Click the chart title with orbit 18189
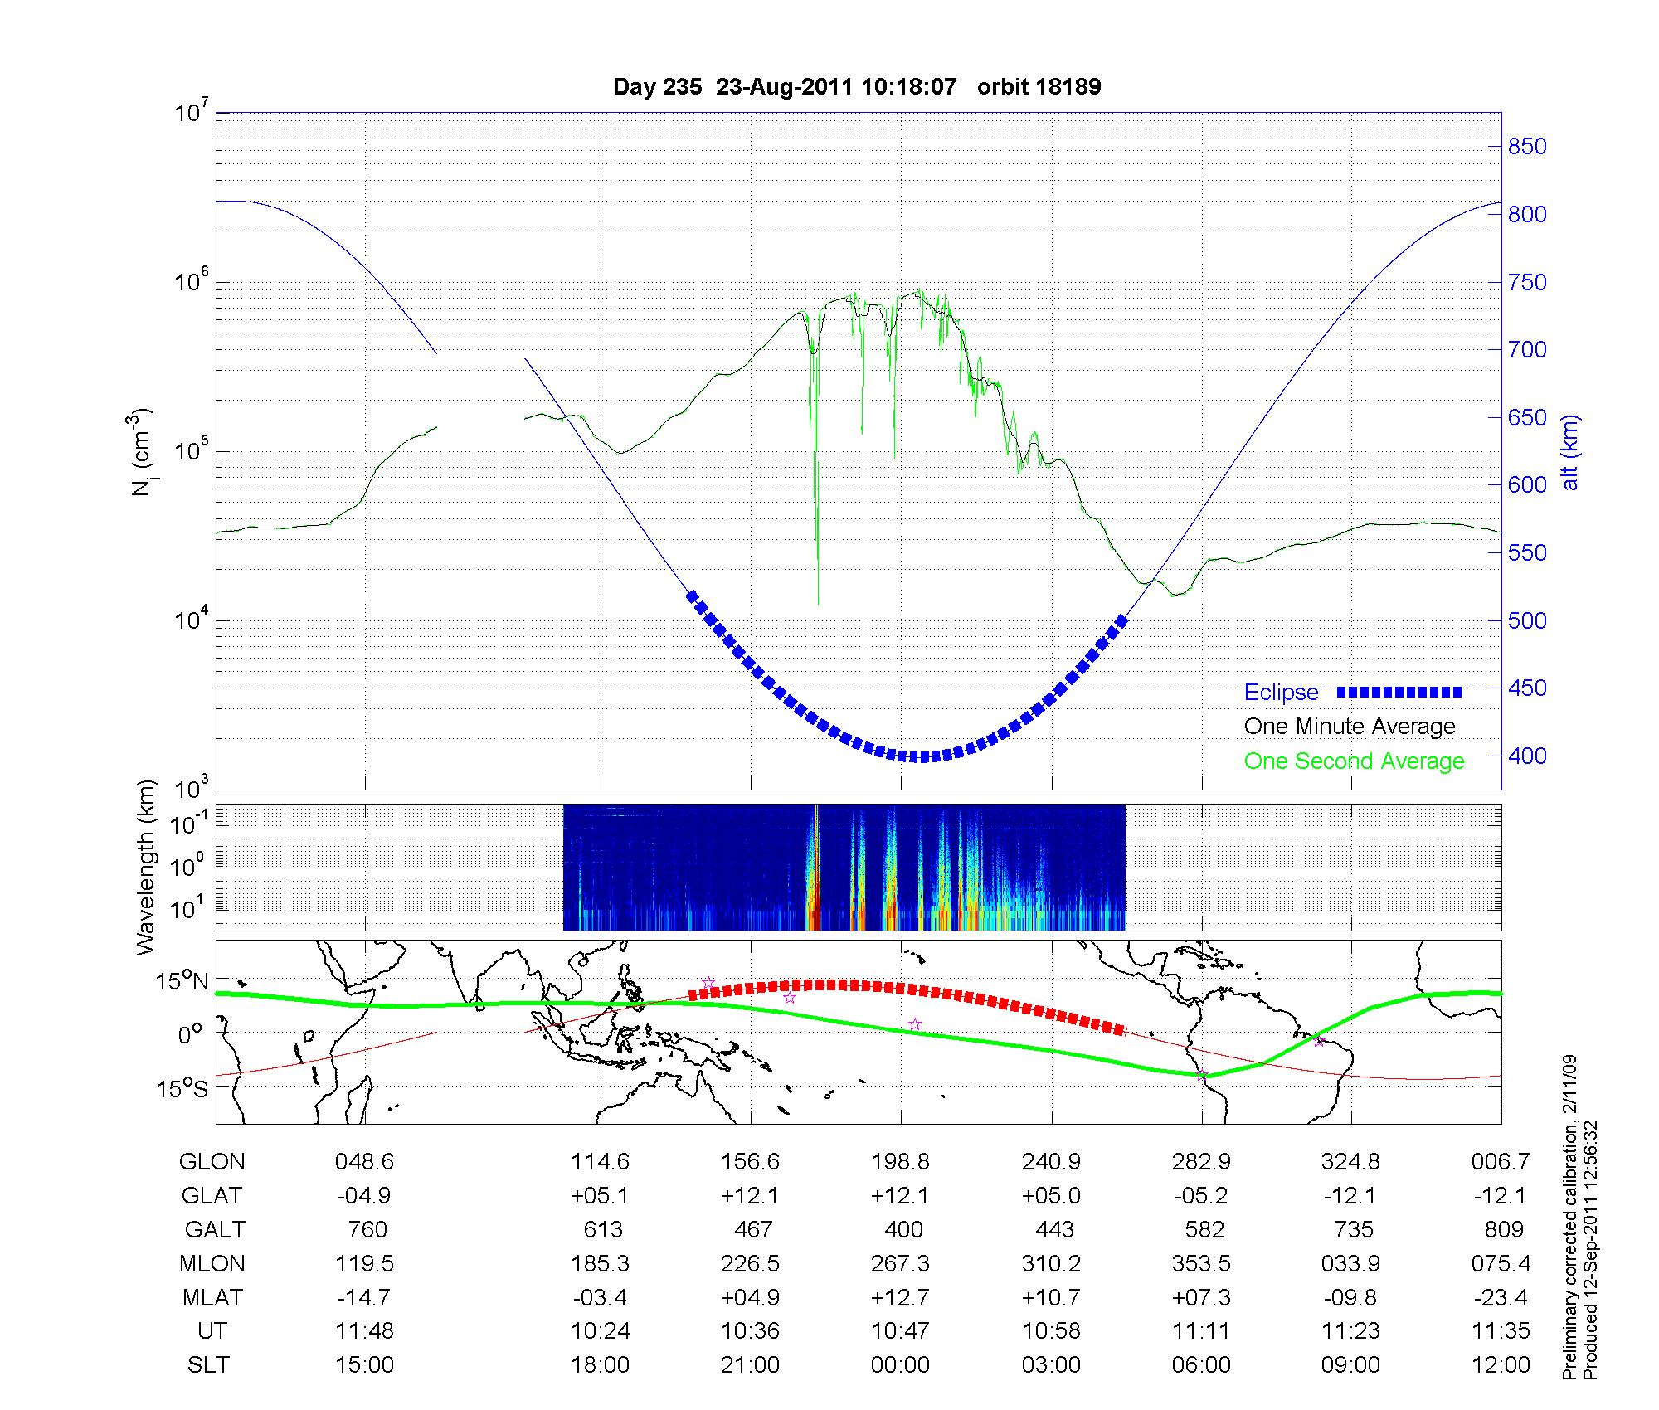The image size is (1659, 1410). pyautogui.click(x=856, y=87)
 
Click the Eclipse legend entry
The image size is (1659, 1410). pyautogui.click(x=1281, y=693)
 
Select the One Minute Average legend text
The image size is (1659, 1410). pyautogui.click(x=1350, y=727)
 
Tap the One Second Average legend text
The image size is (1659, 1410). pyautogui.click(x=1354, y=761)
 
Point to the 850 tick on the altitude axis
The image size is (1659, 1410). pyautogui.click(x=1527, y=147)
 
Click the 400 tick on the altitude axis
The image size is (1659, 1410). pyautogui.click(x=1527, y=756)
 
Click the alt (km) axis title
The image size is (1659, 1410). pyautogui.click(x=1571, y=452)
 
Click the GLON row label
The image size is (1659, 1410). pyautogui.click(x=212, y=1162)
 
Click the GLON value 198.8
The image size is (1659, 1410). pyautogui.click(x=900, y=1162)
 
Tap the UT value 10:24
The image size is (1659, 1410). pyautogui.click(x=600, y=1330)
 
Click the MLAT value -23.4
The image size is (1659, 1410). pyautogui.click(x=1502, y=1297)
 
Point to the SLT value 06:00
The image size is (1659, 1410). pyautogui.click(x=1201, y=1364)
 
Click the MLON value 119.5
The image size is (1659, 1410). pyautogui.click(x=364, y=1263)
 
